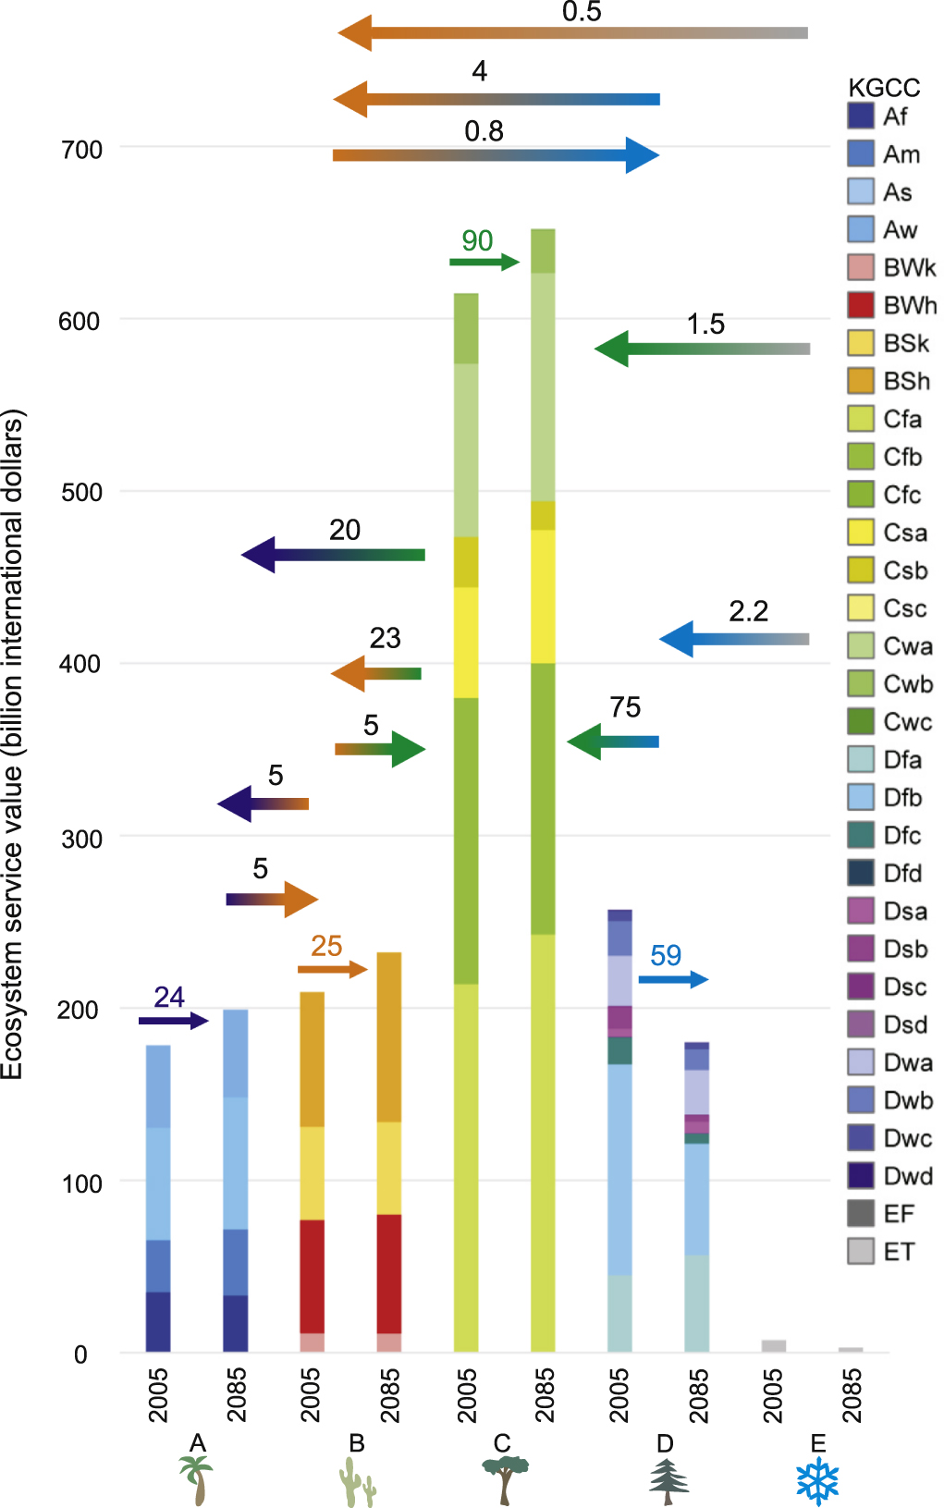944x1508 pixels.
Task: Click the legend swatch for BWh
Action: tap(861, 305)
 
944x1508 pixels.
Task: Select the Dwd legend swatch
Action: tap(861, 1175)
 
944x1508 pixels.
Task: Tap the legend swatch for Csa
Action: tap(861, 533)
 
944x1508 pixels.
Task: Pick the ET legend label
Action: tap(899, 1252)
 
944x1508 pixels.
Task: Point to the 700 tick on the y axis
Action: tap(81, 150)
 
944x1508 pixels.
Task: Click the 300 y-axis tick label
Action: tap(81, 840)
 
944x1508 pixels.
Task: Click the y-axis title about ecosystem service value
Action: tap(13, 744)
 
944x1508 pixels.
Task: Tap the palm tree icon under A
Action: tap(196, 1479)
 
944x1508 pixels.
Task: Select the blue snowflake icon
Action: tap(817, 1481)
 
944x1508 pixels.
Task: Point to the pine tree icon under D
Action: tap(668, 1481)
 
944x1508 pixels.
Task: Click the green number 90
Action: tap(477, 241)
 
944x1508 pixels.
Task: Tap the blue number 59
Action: tap(666, 956)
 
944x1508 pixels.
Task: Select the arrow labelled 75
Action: tap(612, 742)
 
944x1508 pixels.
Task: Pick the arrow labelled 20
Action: tap(333, 555)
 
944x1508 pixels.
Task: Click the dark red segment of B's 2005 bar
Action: tap(313, 1276)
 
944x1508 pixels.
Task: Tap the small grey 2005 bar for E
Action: tap(774, 1346)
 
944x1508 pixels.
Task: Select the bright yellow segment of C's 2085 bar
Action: tap(543, 596)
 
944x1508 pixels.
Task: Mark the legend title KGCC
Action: tap(884, 88)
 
